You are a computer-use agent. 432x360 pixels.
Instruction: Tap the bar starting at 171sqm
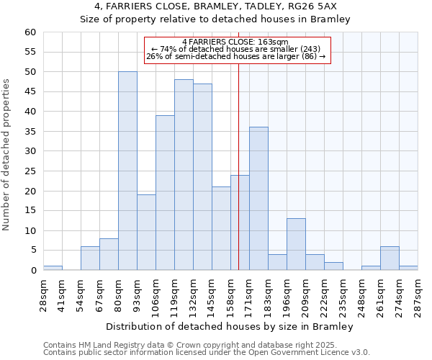(x=258, y=199)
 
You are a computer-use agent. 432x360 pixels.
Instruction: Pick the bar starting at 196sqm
(x=296, y=244)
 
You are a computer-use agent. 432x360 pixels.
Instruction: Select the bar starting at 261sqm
(x=390, y=258)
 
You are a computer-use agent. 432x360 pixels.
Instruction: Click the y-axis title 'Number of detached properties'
(x=7, y=155)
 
